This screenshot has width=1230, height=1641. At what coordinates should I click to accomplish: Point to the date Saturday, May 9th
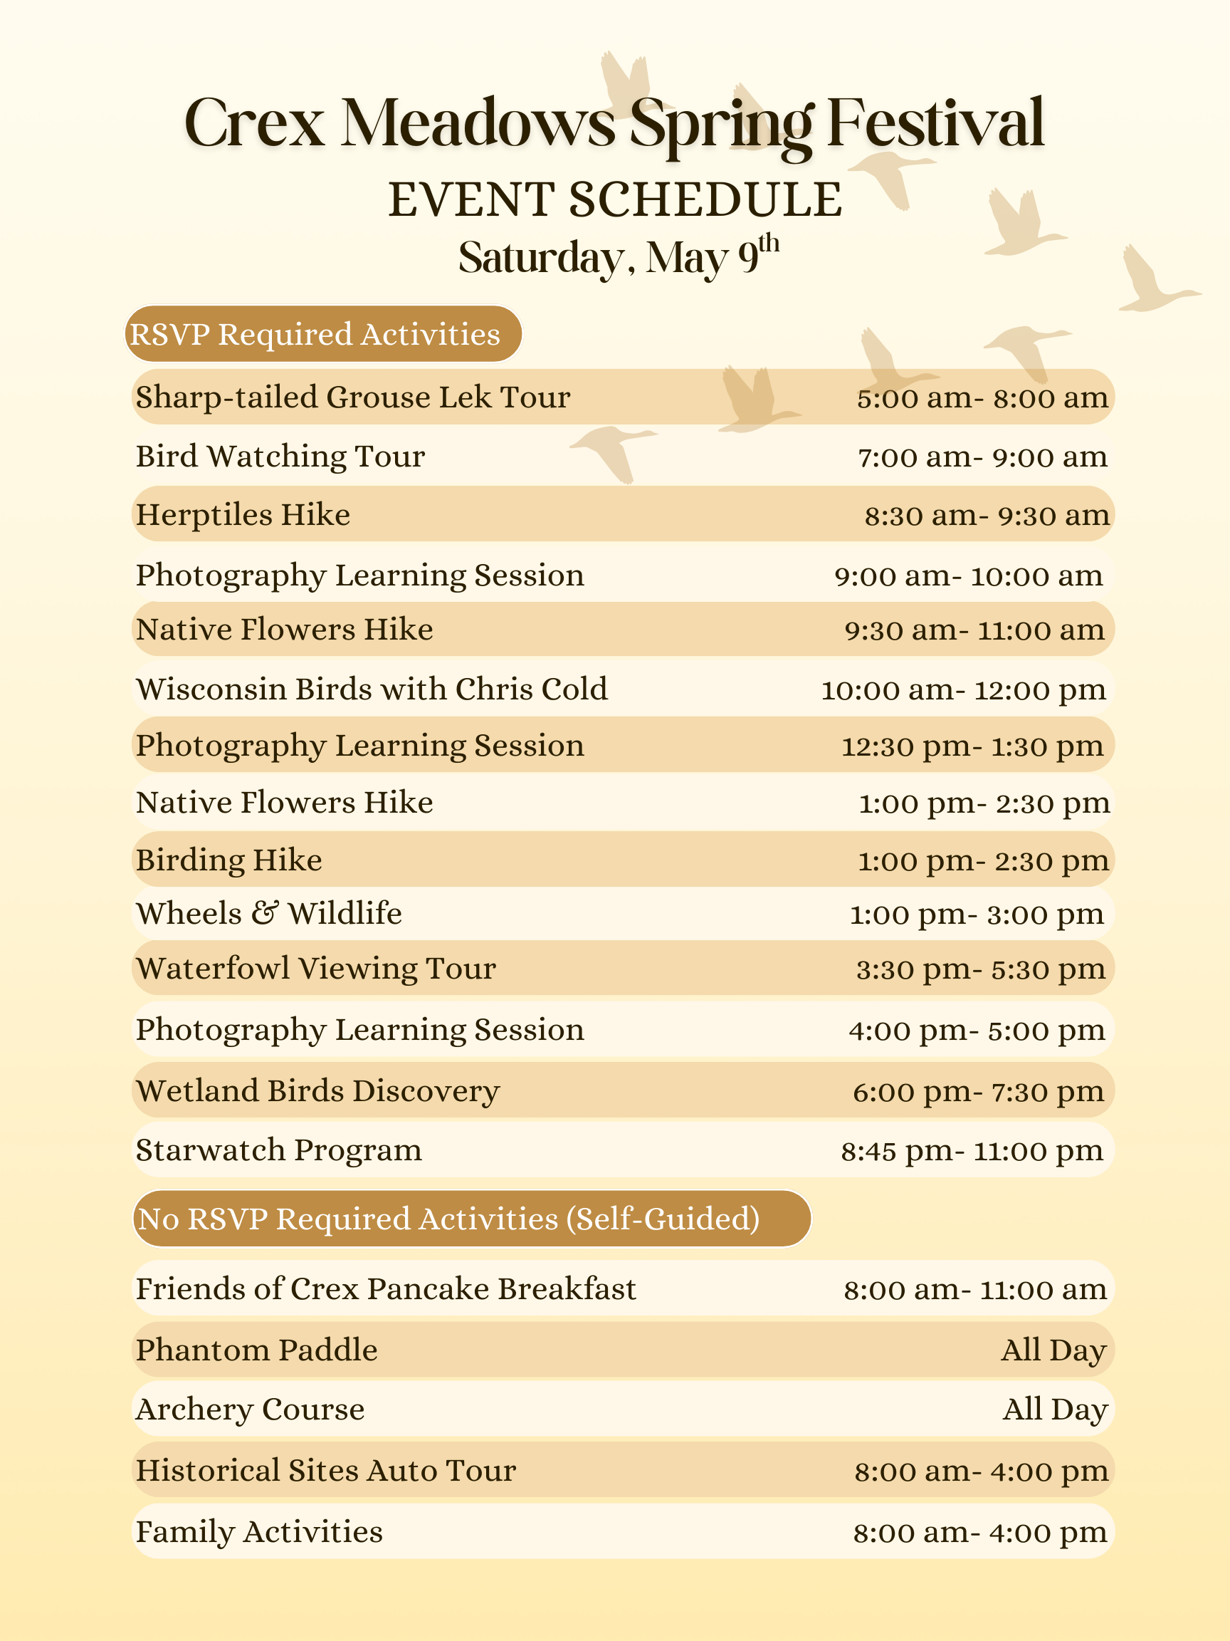tap(618, 257)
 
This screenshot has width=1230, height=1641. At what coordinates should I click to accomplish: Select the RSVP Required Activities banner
tap(322, 335)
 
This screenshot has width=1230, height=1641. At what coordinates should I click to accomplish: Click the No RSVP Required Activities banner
tap(471, 1219)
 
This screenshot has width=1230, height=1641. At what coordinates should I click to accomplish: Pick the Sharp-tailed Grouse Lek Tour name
tap(353, 397)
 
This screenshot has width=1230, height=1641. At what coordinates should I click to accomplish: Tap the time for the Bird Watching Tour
tap(982, 457)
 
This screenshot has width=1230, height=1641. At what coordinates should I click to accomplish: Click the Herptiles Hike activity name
tap(243, 515)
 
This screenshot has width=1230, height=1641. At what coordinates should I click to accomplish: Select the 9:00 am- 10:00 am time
tap(968, 576)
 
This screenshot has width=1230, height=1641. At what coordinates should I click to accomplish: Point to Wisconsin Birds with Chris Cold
tap(372, 689)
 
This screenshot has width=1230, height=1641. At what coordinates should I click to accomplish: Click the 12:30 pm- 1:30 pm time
tap(972, 746)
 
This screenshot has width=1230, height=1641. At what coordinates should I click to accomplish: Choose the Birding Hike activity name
tap(229, 860)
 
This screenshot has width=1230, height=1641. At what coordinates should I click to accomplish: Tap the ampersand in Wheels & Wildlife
tap(265, 913)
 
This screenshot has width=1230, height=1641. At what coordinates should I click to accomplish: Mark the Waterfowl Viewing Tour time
tap(980, 969)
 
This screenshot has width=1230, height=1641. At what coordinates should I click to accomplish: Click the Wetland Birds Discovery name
tap(318, 1091)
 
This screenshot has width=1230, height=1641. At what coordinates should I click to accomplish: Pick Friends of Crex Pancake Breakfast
tap(386, 1289)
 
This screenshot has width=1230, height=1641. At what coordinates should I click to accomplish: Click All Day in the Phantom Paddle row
tap(1053, 1350)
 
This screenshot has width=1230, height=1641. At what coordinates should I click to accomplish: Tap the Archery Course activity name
tap(250, 1410)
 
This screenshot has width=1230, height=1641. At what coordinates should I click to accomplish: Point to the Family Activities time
tap(979, 1533)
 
